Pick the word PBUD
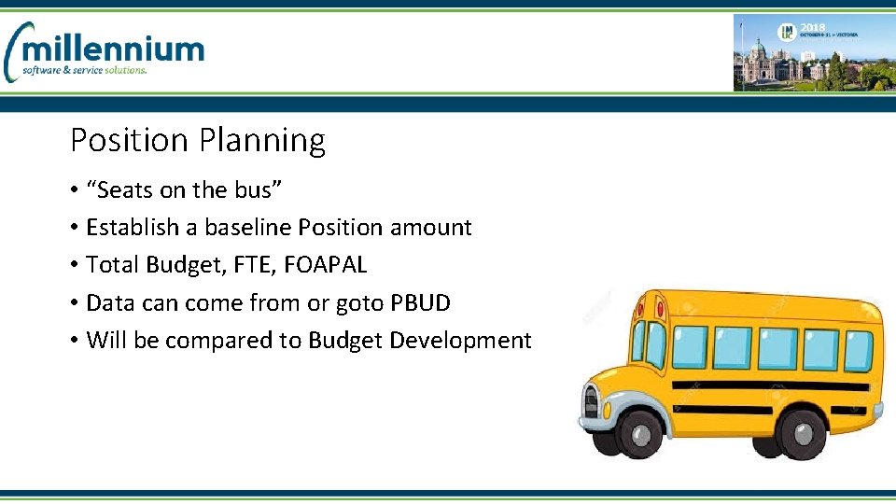click(x=420, y=302)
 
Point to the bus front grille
click(x=591, y=401)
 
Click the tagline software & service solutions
click(x=85, y=70)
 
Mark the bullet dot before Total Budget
click(x=74, y=266)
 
